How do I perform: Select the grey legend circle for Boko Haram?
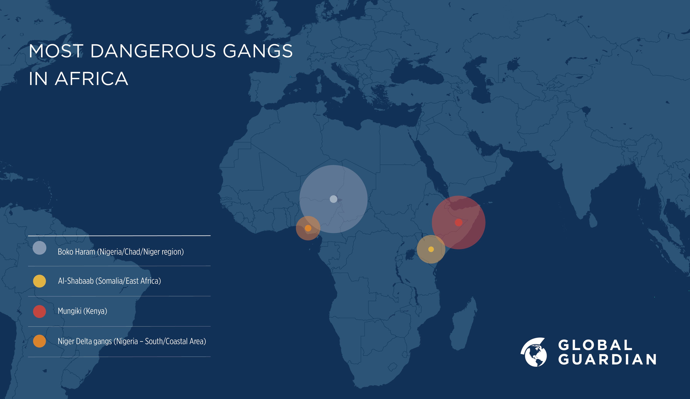39,248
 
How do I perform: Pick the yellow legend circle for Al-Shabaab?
39,281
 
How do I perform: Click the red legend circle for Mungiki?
39,311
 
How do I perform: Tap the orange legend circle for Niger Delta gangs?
39,341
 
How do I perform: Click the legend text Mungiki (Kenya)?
82,311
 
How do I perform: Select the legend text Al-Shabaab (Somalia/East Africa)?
109,281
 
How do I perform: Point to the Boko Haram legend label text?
120,252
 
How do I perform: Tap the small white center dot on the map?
333,199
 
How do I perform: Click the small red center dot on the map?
458,222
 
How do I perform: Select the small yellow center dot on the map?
431,249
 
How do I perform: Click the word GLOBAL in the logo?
595,345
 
